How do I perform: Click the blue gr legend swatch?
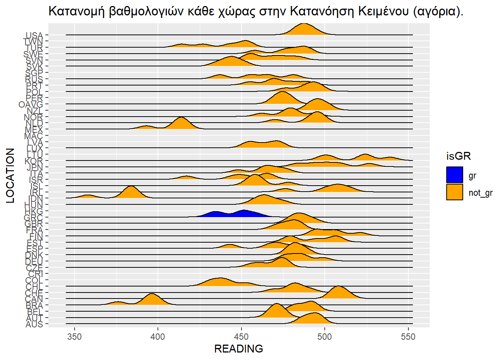454,175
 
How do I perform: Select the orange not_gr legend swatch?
454,192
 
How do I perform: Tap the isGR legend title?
458,156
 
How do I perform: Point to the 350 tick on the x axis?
74,336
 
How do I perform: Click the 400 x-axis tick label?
158,336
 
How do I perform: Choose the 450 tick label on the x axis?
241,336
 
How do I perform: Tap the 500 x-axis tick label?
325,336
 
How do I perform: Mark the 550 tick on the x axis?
408,336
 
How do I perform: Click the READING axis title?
238,349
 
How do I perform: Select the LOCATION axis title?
10,175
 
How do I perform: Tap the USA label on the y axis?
34,36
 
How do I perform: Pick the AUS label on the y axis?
34,324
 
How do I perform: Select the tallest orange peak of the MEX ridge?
181,123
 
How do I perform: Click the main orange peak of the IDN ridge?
131,192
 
